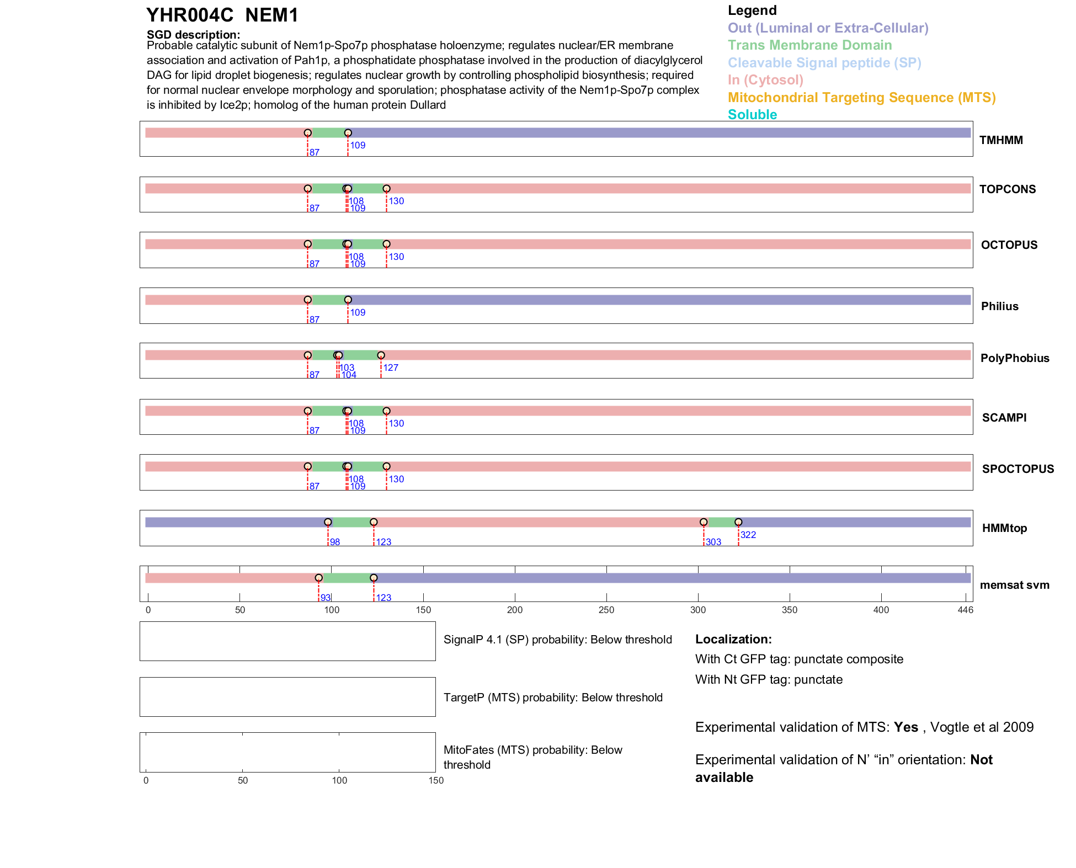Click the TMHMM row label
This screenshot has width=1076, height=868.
(x=1000, y=140)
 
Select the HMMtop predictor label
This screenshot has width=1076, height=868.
(x=1004, y=528)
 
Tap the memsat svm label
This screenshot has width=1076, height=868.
(x=1014, y=585)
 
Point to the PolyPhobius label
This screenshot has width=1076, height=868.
(x=1014, y=358)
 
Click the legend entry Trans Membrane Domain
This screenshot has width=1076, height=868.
(x=809, y=45)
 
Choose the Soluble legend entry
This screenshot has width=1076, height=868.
(x=752, y=115)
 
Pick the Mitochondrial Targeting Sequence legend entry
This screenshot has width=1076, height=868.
(x=861, y=98)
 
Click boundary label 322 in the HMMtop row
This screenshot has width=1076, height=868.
(x=748, y=535)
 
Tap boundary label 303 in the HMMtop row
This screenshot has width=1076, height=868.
(x=713, y=542)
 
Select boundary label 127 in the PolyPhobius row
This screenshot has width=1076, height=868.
(x=391, y=368)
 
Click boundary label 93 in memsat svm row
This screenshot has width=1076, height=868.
(x=325, y=598)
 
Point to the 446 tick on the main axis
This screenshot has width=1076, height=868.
(x=965, y=610)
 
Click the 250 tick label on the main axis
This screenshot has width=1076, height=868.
(x=606, y=610)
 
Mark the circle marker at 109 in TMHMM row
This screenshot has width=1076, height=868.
(x=348, y=133)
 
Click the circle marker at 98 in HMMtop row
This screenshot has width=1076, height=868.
(x=328, y=522)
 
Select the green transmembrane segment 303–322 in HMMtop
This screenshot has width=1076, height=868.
(x=721, y=522)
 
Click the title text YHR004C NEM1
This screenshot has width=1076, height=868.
(x=222, y=15)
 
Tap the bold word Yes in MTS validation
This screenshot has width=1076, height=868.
(x=905, y=727)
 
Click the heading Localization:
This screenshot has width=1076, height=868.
(x=733, y=639)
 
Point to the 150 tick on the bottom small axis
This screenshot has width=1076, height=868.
(x=436, y=780)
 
